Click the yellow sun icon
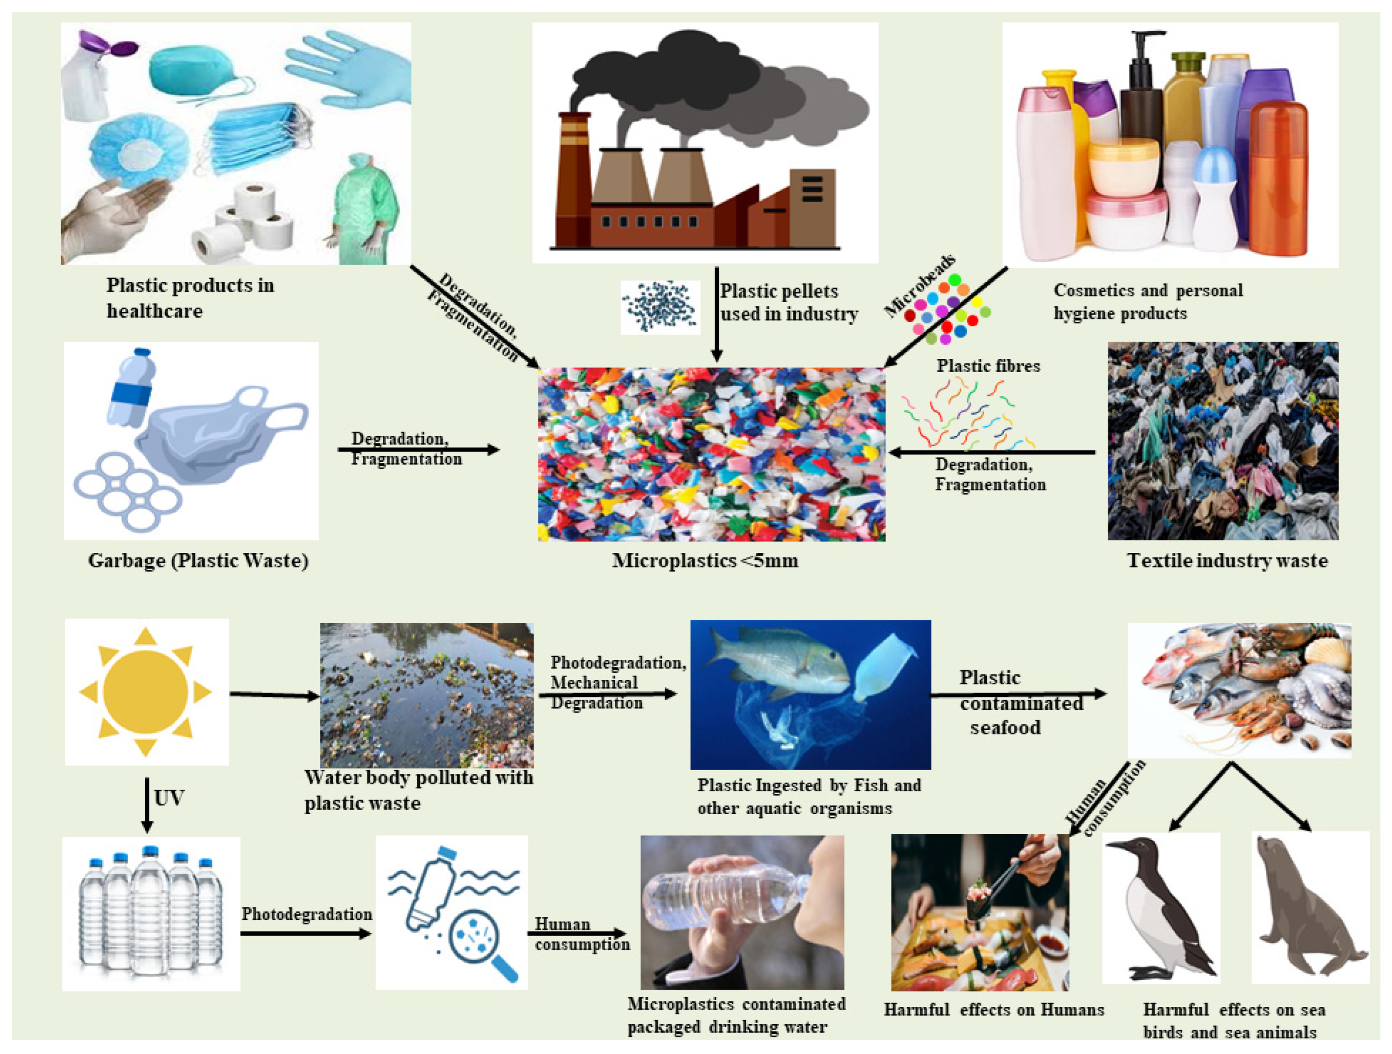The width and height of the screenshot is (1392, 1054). tap(146, 692)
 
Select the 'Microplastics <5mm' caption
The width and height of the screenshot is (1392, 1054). tap(705, 561)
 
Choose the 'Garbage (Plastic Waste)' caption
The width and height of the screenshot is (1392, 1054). tap(198, 561)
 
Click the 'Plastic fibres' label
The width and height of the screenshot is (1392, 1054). tap(988, 366)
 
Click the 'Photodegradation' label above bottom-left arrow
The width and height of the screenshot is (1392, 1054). tap(306, 914)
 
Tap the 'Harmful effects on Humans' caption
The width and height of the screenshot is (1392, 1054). tap(993, 1010)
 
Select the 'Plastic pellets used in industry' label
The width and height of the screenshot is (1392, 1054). tap(789, 303)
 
